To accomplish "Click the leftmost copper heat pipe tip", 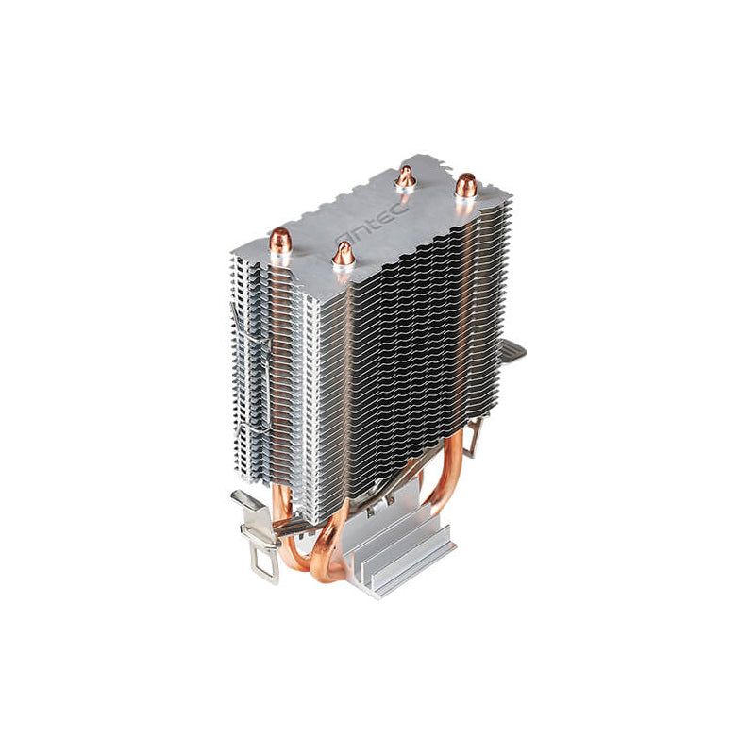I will [x=280, y=243].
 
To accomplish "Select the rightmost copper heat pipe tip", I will [x=464, y=186].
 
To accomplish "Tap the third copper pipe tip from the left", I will [x=406, y=176].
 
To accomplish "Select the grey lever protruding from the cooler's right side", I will [x=512, y=351].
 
